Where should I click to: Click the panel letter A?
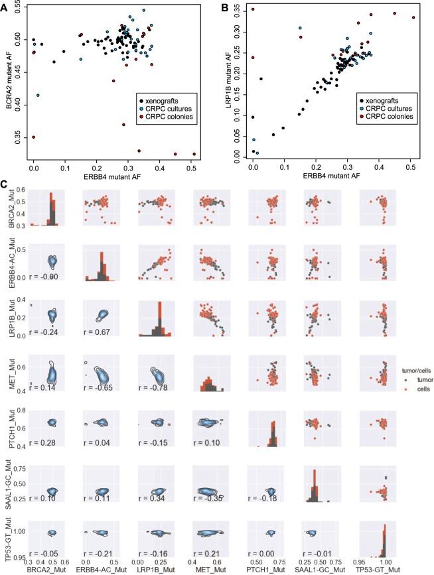coord(5,7)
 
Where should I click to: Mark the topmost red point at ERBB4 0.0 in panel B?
coord(253,9)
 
